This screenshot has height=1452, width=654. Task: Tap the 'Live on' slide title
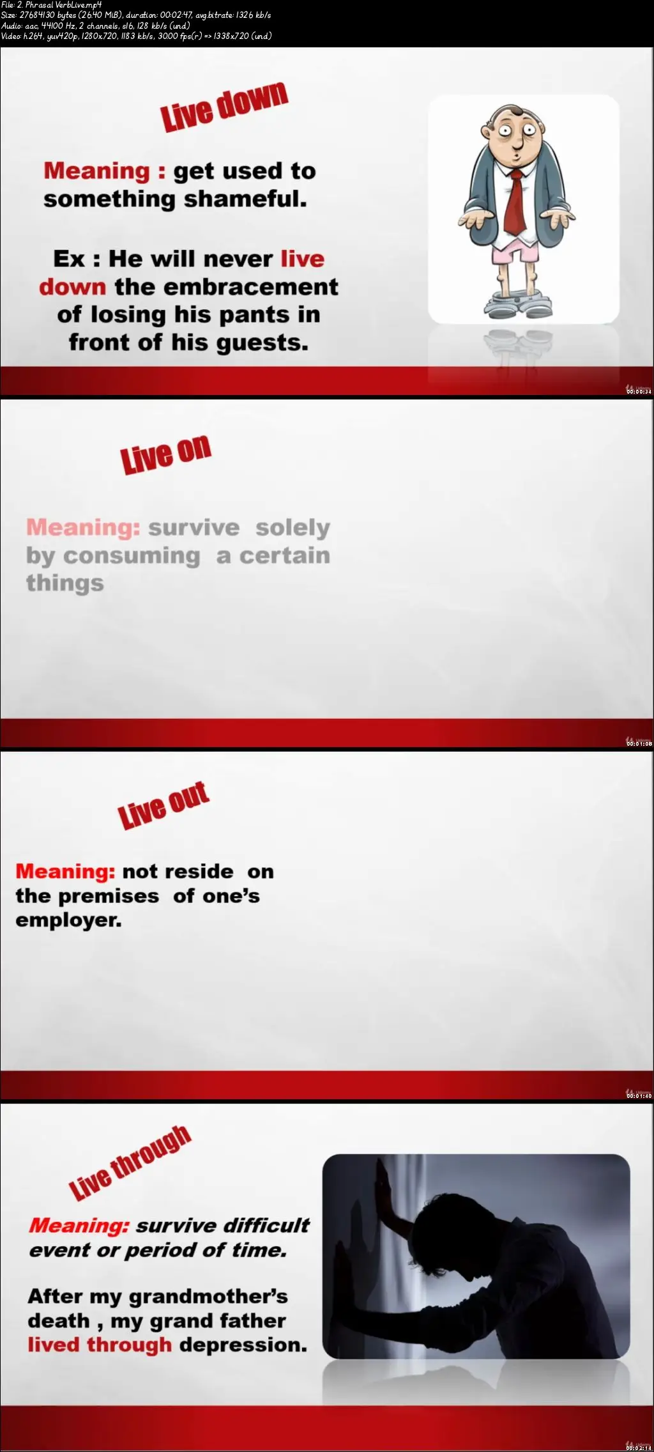click(166, 454)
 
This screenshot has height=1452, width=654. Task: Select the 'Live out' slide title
click(163, 805)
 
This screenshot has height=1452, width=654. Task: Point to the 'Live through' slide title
click(130, 1162)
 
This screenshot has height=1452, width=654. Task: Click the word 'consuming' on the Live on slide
click(132, 556)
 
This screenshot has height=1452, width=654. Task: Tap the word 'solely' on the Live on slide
click(293, 528)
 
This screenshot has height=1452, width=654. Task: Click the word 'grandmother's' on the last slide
click(208, 1297)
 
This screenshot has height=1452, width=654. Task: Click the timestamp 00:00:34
click(639, 392)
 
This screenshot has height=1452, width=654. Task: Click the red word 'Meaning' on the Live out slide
click(65, 871)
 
